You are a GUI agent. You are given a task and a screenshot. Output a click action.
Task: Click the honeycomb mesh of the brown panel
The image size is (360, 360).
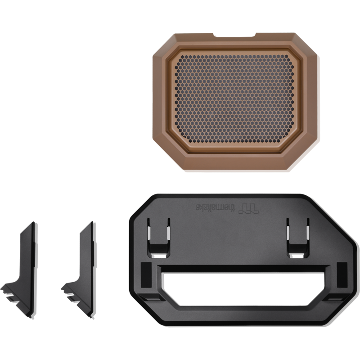tap(234, 99)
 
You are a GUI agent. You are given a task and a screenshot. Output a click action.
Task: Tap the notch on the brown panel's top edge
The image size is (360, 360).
tap(234, 35)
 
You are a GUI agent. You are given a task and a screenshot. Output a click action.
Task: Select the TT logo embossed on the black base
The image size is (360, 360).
tap(249, 208)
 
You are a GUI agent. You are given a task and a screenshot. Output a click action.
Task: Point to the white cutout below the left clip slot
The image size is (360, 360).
tap(159, 256)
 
